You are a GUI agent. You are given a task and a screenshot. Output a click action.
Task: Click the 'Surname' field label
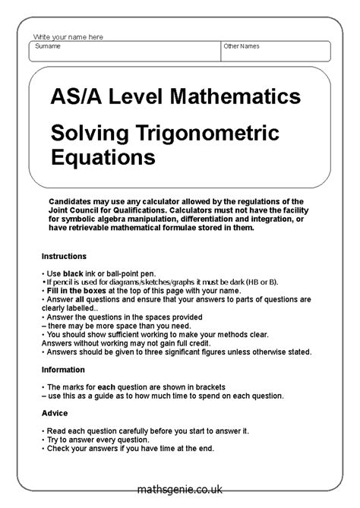(x=48, y=46)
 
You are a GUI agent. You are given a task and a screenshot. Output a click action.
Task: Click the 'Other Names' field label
(x=241, y=46)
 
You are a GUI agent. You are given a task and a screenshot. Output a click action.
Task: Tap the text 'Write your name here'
(x=68, y=37)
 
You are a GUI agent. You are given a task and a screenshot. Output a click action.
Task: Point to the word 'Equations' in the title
(x=103, y=158)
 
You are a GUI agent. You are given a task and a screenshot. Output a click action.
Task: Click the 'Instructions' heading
(x=64, y=257)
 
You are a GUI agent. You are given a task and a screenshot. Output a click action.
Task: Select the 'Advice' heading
(x=54, y=413)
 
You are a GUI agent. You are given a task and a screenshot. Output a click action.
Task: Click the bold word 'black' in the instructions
(x=72, y=273)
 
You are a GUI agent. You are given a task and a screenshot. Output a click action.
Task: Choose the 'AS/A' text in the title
(x=77, y=98)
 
